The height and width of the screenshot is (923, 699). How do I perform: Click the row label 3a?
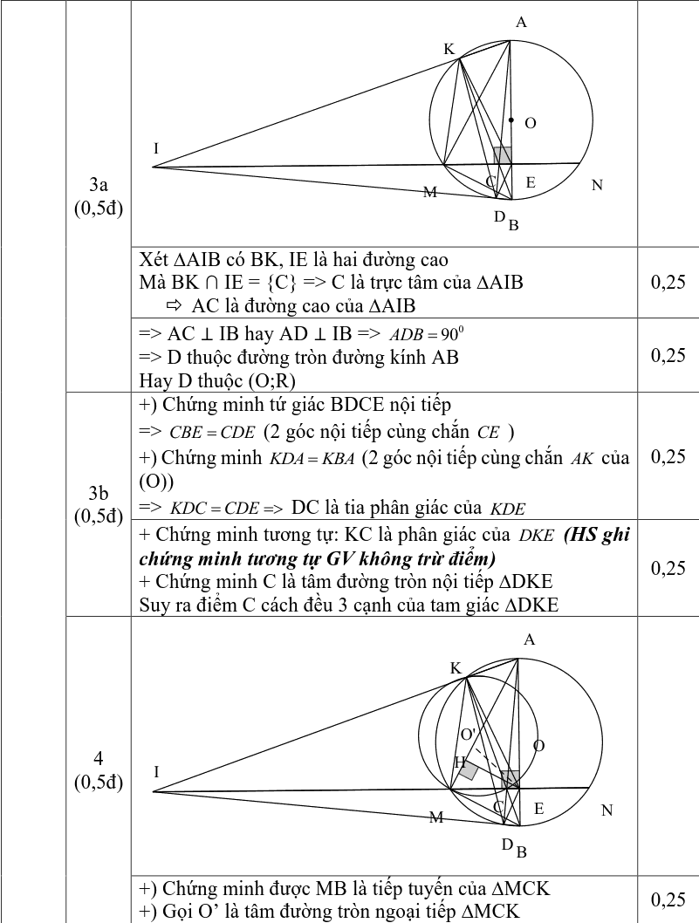pyautogui.click(x=98, y=185)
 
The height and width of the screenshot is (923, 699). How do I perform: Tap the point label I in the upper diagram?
pyautogui.click(x=156, y=148)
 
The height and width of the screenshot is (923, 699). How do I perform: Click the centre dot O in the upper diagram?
pyautogui.click(x=511, y=120)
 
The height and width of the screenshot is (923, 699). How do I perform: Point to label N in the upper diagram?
pyautogui.click(x=597, y=185)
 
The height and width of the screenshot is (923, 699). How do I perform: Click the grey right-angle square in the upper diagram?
pyautogui.click(x=503, y=155)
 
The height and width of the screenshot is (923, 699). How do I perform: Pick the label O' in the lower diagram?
pyautogui.click(x=469, y=733)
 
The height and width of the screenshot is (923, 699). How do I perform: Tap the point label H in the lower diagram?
pyautogui.click(x=460, y=762)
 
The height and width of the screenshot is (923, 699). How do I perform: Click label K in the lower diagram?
pyautogui.click(x=456, y=667)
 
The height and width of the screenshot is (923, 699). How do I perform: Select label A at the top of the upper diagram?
pyautogui.click(x=521, y=23)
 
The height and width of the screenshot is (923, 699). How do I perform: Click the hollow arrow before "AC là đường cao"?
pyautogui.click(x=173, y=305)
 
